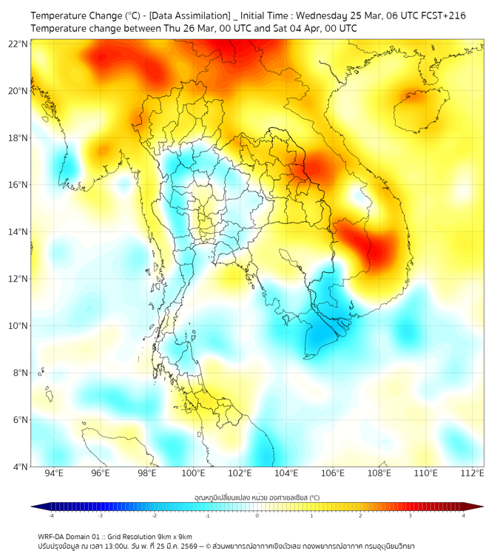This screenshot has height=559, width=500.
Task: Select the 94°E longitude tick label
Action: coord(54,473)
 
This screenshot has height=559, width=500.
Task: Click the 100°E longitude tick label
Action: coord(194,473)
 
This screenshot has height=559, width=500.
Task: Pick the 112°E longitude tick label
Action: coord(473,473)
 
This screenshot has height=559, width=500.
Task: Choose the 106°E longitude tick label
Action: coord(333,473)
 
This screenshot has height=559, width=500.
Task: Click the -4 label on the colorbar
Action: coord(50,515)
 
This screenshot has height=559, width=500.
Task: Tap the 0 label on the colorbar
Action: coord(257,515)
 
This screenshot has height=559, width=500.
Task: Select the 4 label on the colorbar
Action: coord(464,515)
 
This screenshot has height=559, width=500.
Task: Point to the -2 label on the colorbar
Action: coord(154,515)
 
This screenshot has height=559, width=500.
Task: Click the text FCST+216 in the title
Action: coord(442,16)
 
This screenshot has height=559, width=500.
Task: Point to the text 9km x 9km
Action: coord(172,537)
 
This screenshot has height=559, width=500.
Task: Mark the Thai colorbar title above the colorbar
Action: coord(257,497)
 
